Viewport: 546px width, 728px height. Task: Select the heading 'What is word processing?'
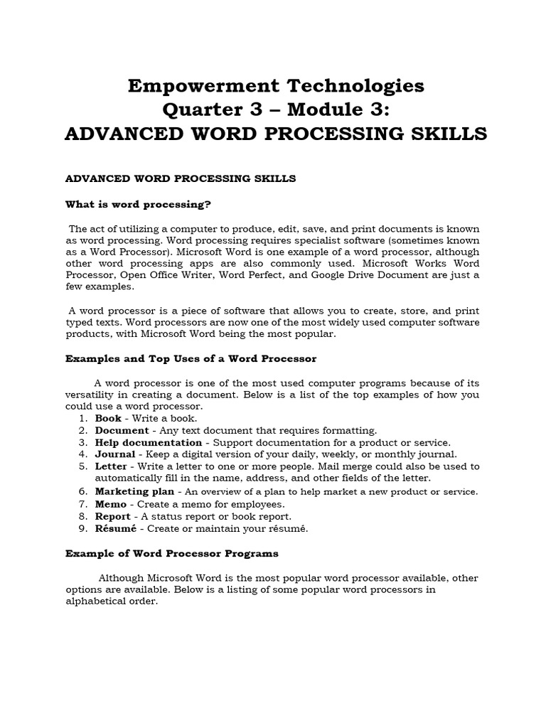pyautogui.click(x=139, y=205)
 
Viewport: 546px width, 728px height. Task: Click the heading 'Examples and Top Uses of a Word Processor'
pyautogui.click(x=191, y=359)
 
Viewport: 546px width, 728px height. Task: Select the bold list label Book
pyautogui.click(x=108, y=419)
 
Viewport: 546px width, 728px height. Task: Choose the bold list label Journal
pyautogui.click(x=115, y=454)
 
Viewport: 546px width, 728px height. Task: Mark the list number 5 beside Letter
pyautogui.click(x=82, y=466)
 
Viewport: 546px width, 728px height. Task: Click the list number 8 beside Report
pyautogui.click(x=82, y=516)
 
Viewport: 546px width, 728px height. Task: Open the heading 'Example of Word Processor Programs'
pyautogui.click(x=172, y=552)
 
